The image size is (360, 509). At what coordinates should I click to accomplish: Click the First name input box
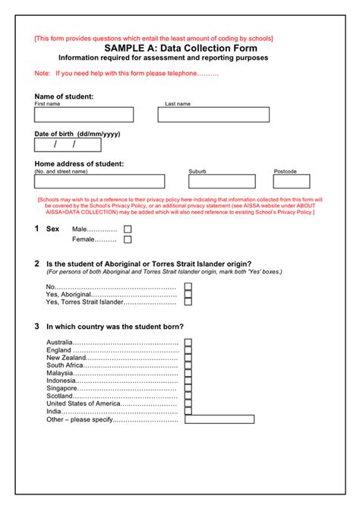pyautogui.click(x=84, y=115)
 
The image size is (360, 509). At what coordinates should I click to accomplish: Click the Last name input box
pyautogui.click(x=213, y=115)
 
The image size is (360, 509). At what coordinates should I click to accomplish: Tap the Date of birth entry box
pyautogui.click(x=67, y=145)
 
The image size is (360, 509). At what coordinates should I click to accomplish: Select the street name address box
pyautogui.click(x=99, y=182)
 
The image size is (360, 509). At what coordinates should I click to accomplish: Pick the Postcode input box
pyautogui.click(x=292, y=182)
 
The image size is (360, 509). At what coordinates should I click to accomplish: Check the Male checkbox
pyautogui.click(x=128, y=229)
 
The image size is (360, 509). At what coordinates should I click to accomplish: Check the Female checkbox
pyautogui.click(x=128, y=239)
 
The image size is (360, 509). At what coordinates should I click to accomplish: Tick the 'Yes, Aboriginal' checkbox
pyautogui.click(x=188, y=295)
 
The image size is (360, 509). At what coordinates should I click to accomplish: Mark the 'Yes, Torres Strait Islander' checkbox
pyautogui.click(x=188, y=303)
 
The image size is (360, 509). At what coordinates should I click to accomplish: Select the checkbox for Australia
pyautogui.click(x=188, y=342)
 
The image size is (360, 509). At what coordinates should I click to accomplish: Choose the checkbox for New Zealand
pyautogui.click(x=188, y=358)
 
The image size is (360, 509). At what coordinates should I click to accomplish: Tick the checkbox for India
pyautogui.click(x=188, y=411)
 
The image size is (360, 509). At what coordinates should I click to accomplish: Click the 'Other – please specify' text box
pyautogui.click(x=219, y=419)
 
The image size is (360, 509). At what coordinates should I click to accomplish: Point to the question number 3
pyautogui.click(x=36, y=327)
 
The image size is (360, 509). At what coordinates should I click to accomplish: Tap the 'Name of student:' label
pyautogui.click(x=65, y=96)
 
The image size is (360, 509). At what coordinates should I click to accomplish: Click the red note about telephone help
pyautogui.click(x=137, y=74)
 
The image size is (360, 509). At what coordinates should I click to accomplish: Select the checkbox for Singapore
pyautogui.click(x=188, y=388)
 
